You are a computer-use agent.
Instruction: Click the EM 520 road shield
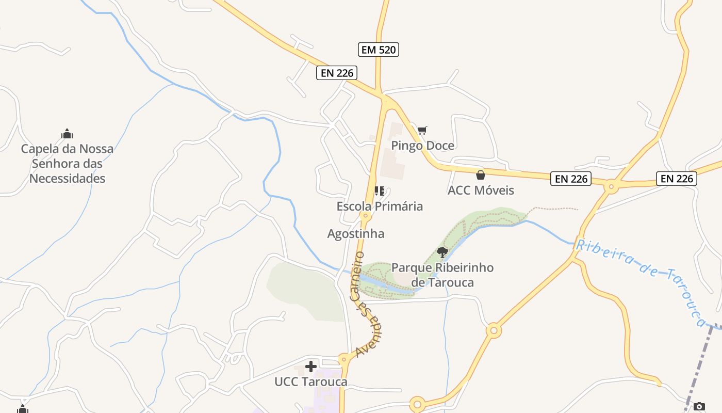[x=379, y=50]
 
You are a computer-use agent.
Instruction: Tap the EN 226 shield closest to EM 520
[x=337, y=73]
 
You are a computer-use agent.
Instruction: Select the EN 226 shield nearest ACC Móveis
[x=571, y=179]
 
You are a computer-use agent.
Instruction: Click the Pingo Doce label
[x=422, y=146]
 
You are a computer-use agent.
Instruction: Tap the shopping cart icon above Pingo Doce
[x=422, y=130]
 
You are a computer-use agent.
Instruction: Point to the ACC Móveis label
[x=481, y=190]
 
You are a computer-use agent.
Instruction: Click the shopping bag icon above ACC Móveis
[x=481, y=175]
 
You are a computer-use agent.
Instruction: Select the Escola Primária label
[x=380, y=206]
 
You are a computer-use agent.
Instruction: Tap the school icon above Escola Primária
[x=380, y=191]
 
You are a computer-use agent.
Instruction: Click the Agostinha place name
[x=356, y=234]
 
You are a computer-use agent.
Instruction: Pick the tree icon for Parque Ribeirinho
[x=442, y=252]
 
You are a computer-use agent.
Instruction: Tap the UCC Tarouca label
[x=310, y=382]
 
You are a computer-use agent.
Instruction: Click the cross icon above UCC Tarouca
[x=310, y=367]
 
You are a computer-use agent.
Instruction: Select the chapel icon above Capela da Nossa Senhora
[x=67, y=134]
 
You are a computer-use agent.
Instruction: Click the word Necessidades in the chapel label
[x=67, y=179]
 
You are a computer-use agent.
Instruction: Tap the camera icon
[x=699, y=406]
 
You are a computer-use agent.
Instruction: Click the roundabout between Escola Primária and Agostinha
[x=366, y=216]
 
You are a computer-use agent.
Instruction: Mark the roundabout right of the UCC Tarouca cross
[x=344, y=358]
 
